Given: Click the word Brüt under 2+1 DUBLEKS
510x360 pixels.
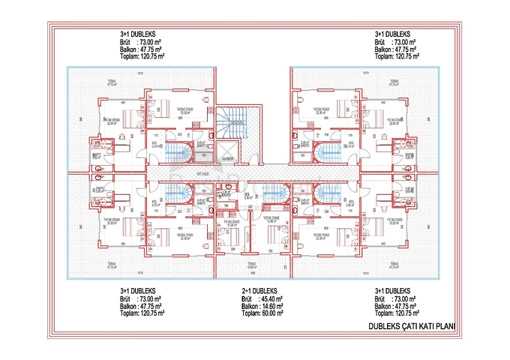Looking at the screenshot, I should (246, 298).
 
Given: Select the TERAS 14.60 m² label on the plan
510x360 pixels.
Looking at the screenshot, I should (253, 265).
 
